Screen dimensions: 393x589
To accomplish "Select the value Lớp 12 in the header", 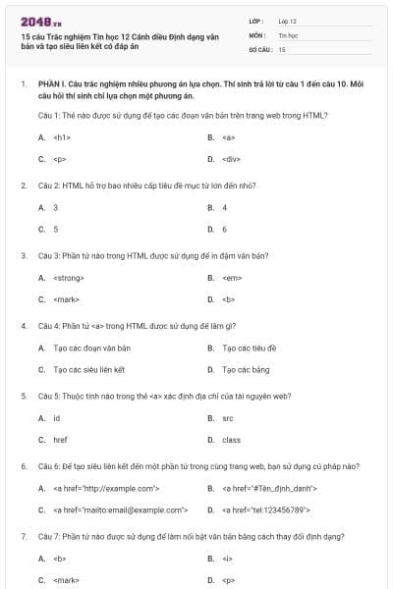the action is click(x=288, y=21).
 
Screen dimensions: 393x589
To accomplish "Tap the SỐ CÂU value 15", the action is click(x=282, y=48).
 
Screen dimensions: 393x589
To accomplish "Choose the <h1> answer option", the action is click(x=61, y=137).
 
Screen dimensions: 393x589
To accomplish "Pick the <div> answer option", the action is click(x=232, y=158).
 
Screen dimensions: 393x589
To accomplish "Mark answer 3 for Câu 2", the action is click(x=55, y=207).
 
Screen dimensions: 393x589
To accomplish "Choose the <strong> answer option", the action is click(x=69, y=278).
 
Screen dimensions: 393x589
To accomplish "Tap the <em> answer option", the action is click(x=232, y=278).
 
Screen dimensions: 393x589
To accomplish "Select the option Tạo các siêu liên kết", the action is click(x=89, y=369).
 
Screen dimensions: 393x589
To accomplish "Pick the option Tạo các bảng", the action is click(x=246, y=369).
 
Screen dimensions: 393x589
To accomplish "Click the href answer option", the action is click(x=60, y=440).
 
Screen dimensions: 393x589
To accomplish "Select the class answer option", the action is click(x=231, y=440).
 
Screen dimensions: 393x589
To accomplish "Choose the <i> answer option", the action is click(x=227, y=559).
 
